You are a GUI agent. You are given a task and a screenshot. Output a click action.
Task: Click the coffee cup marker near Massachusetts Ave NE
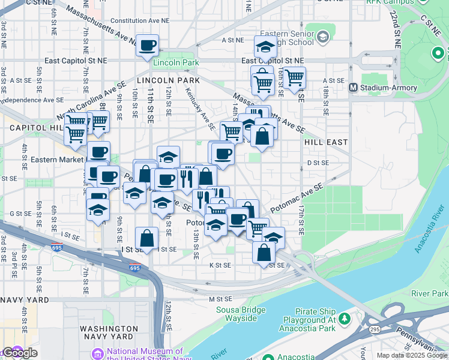click(x=147, y=45)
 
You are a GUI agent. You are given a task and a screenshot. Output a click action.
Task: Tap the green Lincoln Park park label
click(x=175, y=62)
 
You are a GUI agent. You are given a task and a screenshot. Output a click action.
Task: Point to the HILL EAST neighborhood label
click(x=325, y=142)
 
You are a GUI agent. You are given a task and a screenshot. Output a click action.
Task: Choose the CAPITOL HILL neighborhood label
click(x=31, y=128)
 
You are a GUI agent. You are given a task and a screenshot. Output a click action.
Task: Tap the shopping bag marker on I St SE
click(x=147, y=238)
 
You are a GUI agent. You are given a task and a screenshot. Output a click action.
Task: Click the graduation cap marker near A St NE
click(x=265, y=46)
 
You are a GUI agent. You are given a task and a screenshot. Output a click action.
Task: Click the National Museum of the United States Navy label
click(x=145, y=355)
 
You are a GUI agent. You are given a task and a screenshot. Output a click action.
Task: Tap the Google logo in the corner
click(x=20, y=353)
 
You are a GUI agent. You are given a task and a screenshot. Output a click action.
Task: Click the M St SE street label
click(x=220, y=299)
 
